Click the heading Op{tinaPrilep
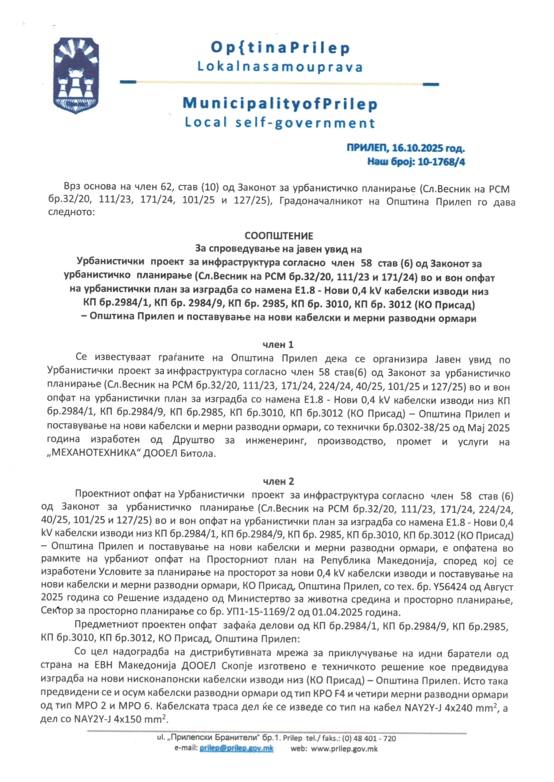(x=280, y=48)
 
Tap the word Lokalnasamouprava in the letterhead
(x=280, y=67)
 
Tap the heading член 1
(x=278, y=345)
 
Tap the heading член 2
(x=278, y=481)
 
